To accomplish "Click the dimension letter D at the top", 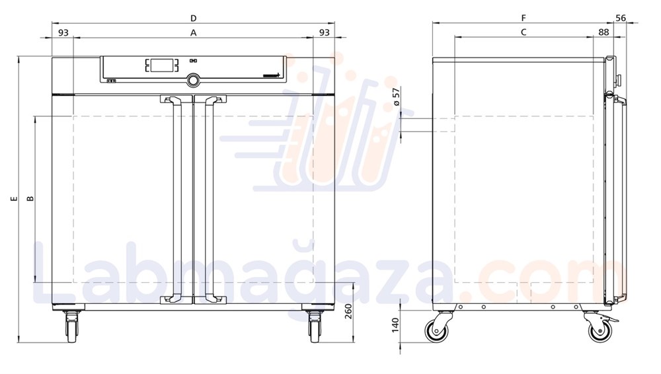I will tap(193, 17).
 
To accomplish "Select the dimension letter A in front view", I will tap(193, 32).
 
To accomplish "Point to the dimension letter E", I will tap(14, 198).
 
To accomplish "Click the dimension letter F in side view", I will tap(523, 17).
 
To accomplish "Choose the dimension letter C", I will tap(523, 32).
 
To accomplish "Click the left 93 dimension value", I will tap(63, 32).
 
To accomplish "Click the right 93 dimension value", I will tap(325, 32).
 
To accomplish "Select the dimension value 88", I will tap(603, 32).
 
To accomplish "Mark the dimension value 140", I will tap(395, 326).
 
